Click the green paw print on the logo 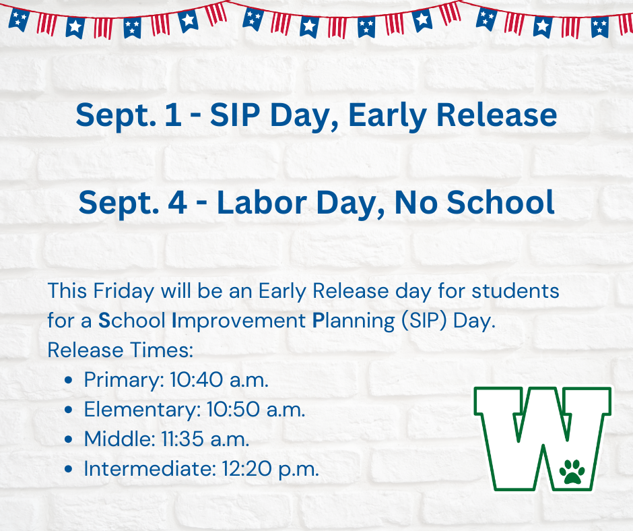click(x=572, y=471)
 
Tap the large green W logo click(x=543, y=438)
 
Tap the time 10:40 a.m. click(x=217, y=379)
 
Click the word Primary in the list click(x=121, y=380)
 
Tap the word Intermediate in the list click(x=147, y=469)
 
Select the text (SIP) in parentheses click(x=424, y=320)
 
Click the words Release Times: click(x=120, y=350)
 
